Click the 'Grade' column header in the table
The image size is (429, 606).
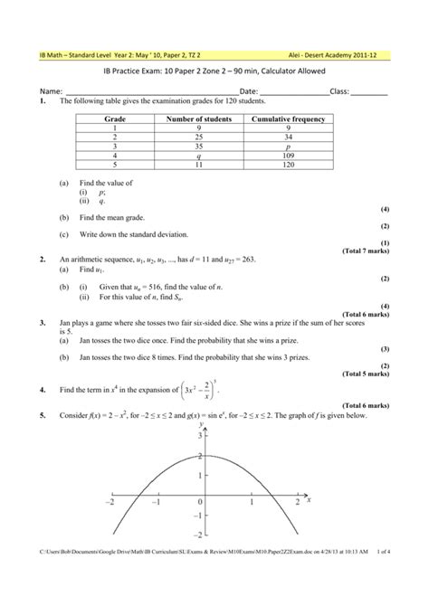[115, 118]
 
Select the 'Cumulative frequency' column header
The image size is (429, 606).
[289, 118]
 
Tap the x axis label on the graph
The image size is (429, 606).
[309, 497]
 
